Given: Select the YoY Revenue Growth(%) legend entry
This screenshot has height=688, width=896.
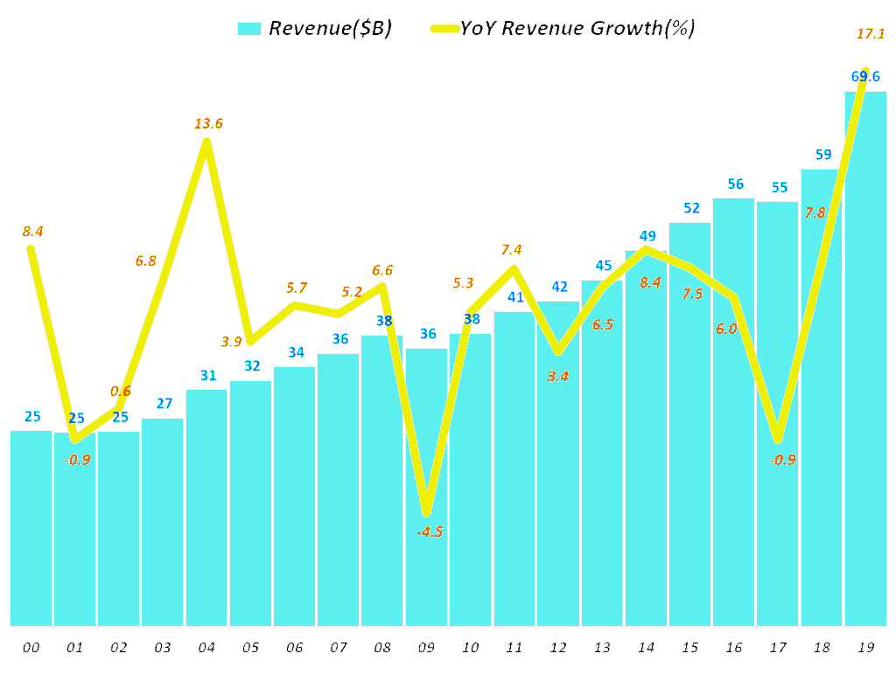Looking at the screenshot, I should (x=562, y=28).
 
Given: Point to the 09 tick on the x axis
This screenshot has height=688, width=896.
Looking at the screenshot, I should (x=426, y=648).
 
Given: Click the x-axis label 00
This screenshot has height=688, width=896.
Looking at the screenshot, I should (x=31, y=648).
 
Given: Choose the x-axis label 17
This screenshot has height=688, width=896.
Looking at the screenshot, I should (x=778, y=648).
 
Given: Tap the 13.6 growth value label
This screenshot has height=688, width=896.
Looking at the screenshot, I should (x=208, y=123).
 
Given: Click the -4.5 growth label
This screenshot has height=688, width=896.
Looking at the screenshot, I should (x=428, y=532).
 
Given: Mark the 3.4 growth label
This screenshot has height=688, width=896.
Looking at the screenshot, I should (x=558, y=377).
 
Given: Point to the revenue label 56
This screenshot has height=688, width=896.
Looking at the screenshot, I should (x=735, y=184).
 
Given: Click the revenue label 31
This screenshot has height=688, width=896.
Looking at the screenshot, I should (x=207, y=375).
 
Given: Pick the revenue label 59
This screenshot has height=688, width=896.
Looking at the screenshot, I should (x=822, y=155).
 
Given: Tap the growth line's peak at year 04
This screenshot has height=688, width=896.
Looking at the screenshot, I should (x=206, y=142).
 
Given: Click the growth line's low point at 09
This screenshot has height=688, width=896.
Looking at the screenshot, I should (x=426, y=512).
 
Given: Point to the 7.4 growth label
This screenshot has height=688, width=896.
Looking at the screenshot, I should (x=514, y=251).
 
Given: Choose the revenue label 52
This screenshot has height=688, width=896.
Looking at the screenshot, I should (x=691, y=208).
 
